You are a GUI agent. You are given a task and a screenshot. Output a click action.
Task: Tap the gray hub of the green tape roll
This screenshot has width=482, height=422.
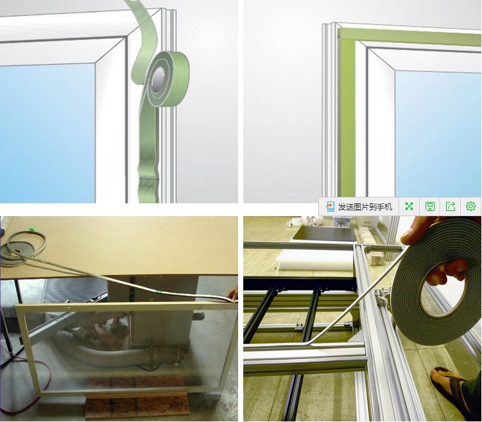[159, 80]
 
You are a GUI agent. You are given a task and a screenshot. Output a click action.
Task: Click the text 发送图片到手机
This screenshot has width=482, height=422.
[365, 207]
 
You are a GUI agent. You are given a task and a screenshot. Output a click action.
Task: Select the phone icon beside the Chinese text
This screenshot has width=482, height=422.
[330, 207]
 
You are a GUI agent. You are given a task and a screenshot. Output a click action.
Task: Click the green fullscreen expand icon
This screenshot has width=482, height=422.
[409, 207]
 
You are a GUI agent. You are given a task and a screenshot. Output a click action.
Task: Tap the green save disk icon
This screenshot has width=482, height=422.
[430, 207]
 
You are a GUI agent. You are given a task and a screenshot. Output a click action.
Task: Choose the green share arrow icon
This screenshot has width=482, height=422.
[451, 207]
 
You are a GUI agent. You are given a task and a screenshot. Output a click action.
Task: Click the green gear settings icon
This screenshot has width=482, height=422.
[470, 206]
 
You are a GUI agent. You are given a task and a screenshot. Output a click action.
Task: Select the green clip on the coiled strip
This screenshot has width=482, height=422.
[30, 229]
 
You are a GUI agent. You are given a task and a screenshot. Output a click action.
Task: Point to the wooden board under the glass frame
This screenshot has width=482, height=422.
[137, 400]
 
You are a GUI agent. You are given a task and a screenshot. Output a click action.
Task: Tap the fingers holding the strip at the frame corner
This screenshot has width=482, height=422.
[233, 294]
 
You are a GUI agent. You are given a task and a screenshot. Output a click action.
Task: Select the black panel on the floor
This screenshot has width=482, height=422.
[324, 235]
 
